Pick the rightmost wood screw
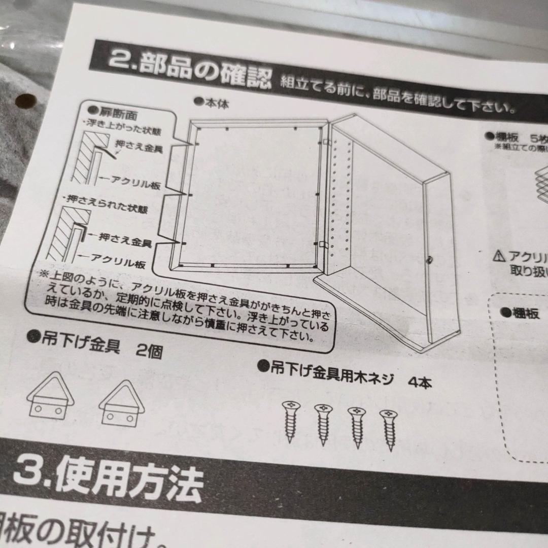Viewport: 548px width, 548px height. (x=389, y=429)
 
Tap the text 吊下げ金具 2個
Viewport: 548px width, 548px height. (x=96, y=348)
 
